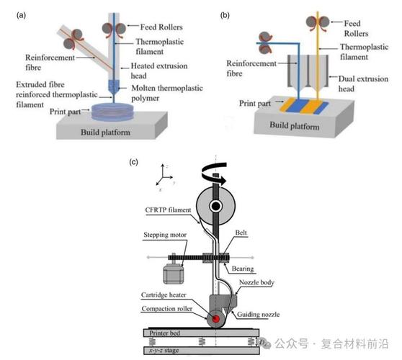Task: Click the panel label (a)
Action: [21, 15]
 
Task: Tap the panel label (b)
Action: [225, 15]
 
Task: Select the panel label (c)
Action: [133, 162]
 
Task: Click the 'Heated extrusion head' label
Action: [159, 71]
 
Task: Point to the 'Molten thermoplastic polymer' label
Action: [167, 93]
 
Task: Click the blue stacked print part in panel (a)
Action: [112, 112]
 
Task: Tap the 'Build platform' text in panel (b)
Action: [295, 126]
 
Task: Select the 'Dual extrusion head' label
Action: [363, 84]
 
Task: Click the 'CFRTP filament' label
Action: [168, 210]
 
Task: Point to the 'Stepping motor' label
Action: [165, 235]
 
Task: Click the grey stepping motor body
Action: [174, 274]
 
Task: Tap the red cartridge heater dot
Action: [215, 319]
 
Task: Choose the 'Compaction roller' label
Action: [166, 308]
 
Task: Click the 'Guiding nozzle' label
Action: [258, 315]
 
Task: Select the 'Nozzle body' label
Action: [256, 282]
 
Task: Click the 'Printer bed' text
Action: [164, 333]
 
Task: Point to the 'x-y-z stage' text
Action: [164, 350]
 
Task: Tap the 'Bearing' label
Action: [243, 269]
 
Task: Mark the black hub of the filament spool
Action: [215, 206]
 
